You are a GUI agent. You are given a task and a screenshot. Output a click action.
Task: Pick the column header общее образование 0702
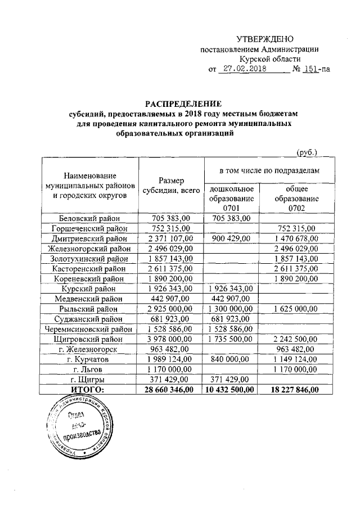point(296,199)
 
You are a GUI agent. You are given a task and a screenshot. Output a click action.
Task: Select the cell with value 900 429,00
point(232,238)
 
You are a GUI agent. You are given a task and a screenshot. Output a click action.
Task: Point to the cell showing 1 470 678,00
point(296,238)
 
